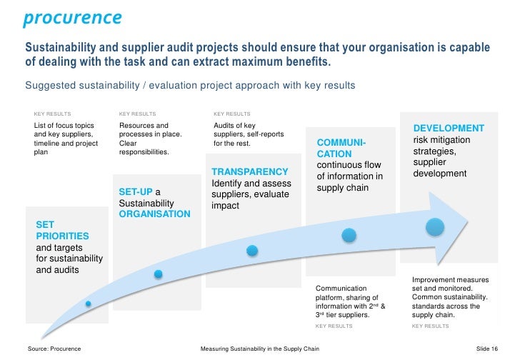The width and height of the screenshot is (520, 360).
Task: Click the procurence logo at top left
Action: tap(72, 17)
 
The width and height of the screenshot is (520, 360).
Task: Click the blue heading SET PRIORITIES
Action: tap(62, 229)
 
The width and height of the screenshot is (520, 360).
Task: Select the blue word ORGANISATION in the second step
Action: tap(154, 214)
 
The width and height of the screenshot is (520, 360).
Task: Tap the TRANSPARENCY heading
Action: tap(250, 172)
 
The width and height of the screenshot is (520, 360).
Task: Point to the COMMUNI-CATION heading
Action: tap(341, 148)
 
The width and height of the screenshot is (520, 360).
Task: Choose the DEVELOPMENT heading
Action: tap(449, 128)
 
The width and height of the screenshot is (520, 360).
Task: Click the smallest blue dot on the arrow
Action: tap(89, 304)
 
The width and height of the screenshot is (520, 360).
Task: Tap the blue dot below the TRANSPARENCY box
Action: tap(251, 250)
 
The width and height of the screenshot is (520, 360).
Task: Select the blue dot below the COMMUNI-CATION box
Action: tap(348, 234)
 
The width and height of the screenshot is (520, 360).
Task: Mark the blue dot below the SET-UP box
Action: tap(159, 274)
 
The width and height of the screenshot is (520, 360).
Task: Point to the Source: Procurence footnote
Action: tap(54, 349)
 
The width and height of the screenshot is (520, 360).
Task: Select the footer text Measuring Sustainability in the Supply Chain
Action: tap(260, 349)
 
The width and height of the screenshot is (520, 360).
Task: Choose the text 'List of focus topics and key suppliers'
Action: tap(64, 130)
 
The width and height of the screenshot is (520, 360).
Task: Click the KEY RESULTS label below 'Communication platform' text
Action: tap(334, 326)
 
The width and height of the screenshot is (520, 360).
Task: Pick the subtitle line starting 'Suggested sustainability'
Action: tap(190, 85)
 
